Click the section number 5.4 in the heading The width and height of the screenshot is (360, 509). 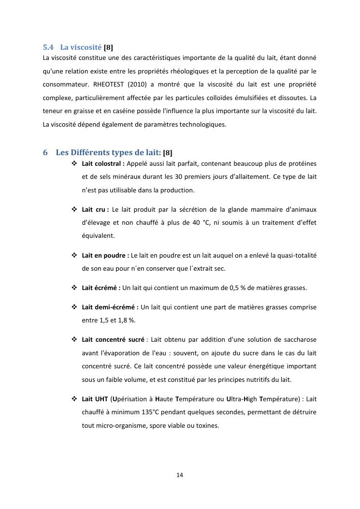48,47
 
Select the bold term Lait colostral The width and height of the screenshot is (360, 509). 103,163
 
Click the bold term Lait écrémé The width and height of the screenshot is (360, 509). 101,288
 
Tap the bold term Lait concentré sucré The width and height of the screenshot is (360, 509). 113,340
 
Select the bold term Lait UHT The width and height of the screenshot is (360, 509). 95,399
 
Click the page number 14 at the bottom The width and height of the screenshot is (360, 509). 180,475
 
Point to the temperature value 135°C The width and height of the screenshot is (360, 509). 142,412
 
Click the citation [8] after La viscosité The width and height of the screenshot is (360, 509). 109,47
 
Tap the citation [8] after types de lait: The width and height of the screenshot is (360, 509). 168,153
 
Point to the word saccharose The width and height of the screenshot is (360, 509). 300,340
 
